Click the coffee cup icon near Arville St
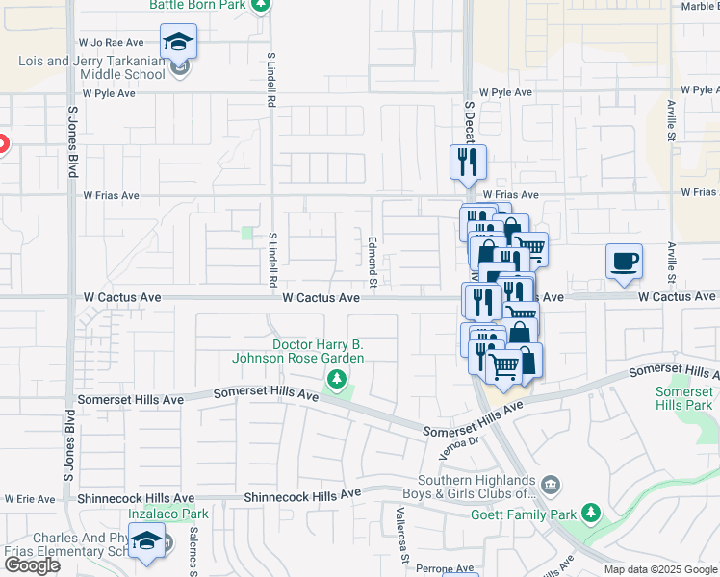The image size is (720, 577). click(624, 262)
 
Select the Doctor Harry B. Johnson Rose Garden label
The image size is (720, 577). click(318, 351)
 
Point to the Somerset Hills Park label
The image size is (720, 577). click(684, 398)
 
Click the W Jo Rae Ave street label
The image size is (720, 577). click(112, 43)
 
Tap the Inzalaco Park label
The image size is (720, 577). click(176, 514)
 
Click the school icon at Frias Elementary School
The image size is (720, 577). click(147, 543)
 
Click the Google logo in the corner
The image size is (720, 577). click(32, 565)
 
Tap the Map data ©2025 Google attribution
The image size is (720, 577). click(659, 569)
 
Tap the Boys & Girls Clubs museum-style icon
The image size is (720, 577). click(551, 483)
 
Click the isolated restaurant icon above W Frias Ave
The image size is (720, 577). click(468, 163)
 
